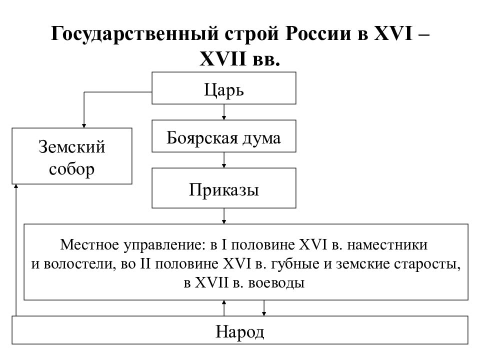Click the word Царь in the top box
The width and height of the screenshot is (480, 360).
(x=224, y=90)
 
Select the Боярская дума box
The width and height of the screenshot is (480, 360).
(x=224, y=136)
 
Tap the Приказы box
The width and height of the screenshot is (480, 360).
(x=224, y=188)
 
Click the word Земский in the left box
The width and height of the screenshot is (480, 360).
(x=72, y=147)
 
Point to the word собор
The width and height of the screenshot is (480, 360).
(x=71, y=169)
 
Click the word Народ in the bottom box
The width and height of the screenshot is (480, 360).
(x=239, y=332)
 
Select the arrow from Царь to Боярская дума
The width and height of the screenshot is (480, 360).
(x=224, y=112)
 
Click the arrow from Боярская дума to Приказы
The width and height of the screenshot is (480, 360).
(x=224, y=160)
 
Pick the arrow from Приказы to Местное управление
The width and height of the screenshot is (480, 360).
(x=224, y=216)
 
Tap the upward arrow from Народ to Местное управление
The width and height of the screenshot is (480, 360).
(x=224, y=308)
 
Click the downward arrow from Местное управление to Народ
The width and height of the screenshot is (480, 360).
(x=264, y=308)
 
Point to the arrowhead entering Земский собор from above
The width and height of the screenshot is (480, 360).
(x=84, y=126)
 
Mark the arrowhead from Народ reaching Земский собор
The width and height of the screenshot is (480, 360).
(x=16, y=186)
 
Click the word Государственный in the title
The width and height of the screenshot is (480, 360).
(x=135, y=33)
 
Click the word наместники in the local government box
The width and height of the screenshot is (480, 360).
(x=387, y=245)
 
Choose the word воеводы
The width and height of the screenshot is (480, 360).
(x=276, y=283)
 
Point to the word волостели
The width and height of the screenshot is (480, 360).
(x=80, y=264)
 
